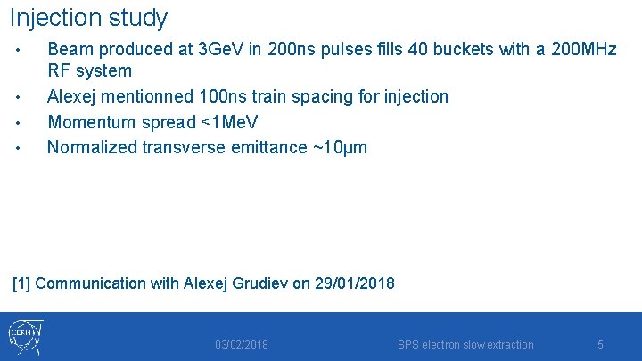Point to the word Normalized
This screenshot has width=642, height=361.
point(91,146)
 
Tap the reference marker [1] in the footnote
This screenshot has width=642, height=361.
point(22,283)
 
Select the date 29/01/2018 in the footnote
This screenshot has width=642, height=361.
point(355,283)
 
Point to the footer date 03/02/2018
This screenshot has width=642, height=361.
point(241,345)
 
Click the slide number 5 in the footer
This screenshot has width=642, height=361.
point(600,345)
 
